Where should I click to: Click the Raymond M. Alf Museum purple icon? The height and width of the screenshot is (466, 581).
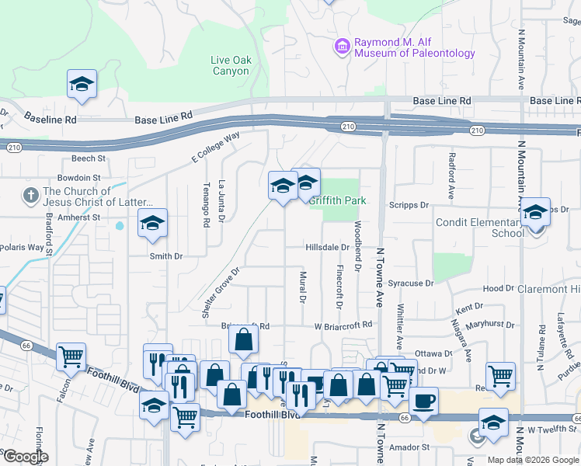click(342, 47)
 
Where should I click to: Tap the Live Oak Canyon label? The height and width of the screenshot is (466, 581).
click(230, 65)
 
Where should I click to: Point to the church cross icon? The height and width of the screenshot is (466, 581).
click(32, 193)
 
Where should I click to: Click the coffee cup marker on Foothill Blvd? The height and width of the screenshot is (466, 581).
click(423, 401)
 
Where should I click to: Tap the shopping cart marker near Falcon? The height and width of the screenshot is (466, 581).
click(71, 356)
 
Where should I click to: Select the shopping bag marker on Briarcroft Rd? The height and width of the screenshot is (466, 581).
click(244, 339)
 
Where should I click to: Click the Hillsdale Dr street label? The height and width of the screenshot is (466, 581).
click(327, 247)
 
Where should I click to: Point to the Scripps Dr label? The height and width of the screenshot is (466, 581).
click(412, 205)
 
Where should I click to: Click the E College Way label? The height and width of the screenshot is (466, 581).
click(216, 148)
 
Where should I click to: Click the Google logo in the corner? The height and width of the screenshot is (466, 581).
click(25, 457)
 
